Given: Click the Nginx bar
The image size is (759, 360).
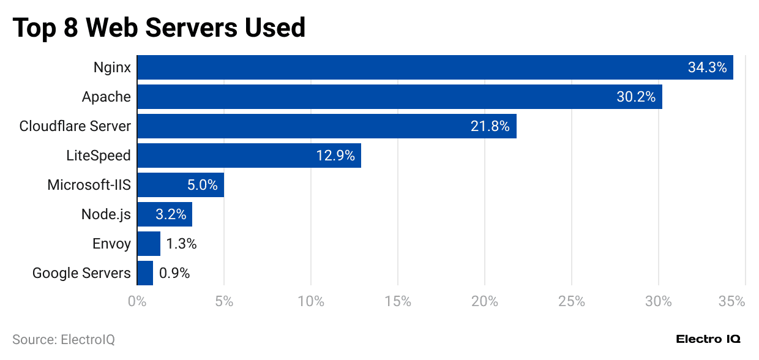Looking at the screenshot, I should coord(398,67).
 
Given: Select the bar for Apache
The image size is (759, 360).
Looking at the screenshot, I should coord(367,97).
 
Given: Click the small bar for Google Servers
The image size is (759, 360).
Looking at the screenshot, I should coord(145,273).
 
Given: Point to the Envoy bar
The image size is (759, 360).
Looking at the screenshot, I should coord(149,244).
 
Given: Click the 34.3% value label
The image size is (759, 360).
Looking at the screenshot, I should coord(707,67).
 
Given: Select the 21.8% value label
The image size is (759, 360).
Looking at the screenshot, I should coord(490,126).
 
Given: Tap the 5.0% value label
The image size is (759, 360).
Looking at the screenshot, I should coord(202,185).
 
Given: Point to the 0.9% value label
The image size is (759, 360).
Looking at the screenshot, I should coord(174,273).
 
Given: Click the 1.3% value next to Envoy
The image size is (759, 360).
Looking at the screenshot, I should coord(181,244).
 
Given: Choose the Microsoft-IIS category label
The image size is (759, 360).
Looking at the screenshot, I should coord(89,185).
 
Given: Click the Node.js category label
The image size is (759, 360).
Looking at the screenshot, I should coord(106,214).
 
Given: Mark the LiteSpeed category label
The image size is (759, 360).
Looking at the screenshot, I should coord(99,156).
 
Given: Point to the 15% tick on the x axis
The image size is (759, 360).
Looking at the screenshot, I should coord(398,301).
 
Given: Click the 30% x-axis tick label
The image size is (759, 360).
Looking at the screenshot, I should coord(658,301).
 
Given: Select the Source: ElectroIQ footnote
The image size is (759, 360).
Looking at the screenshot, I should coord(64,339).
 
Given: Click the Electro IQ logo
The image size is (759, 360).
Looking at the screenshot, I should coord(708,339).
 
